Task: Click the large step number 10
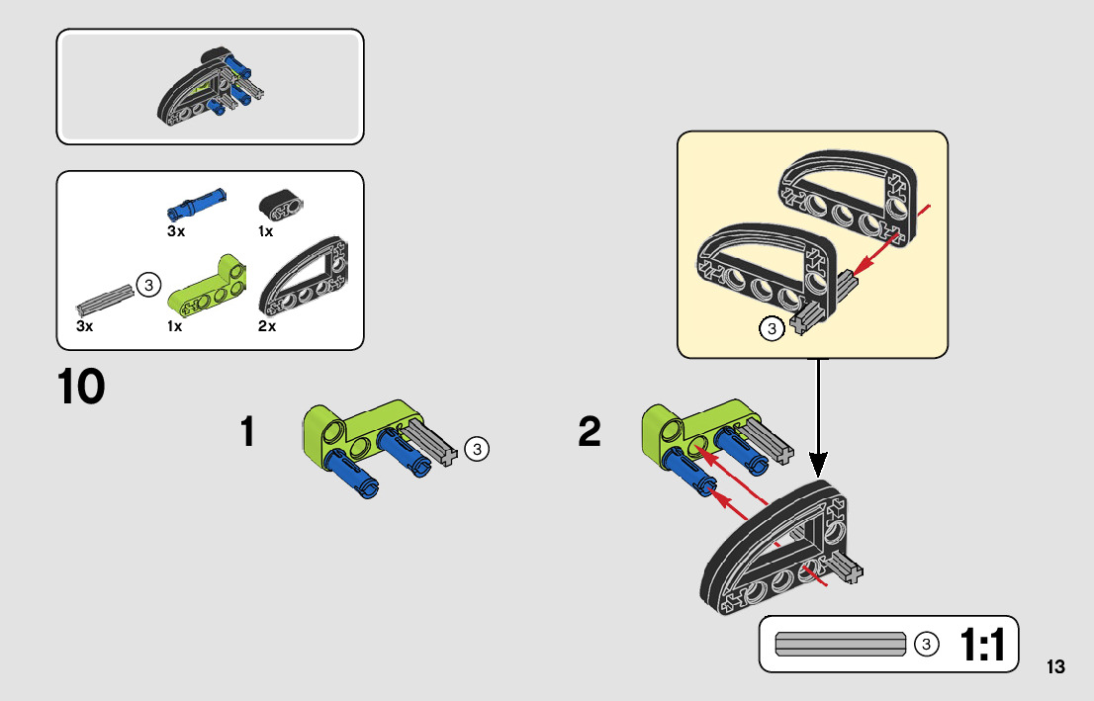click(81, 387)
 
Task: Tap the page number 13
click(1055, 666)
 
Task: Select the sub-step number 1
click(247, 432)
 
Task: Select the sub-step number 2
click(590, 432)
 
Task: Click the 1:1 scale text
click(981, 646)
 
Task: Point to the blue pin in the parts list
click(196, 204)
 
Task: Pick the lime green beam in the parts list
click(210, 287)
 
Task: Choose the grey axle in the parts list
click(104, 296)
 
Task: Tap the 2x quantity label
click(266, 326)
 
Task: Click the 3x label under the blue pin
click(175, 231)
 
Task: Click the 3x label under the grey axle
click(84, 326)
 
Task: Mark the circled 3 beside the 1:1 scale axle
click(926, 645)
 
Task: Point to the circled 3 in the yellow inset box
click(773, 329)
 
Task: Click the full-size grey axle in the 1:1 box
click(841, 644)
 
